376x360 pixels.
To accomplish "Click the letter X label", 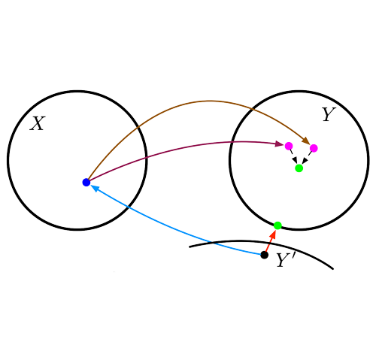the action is pos(38,123).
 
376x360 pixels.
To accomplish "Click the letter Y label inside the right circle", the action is pos(329,114).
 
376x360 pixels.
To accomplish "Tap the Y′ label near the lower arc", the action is pos(286,259).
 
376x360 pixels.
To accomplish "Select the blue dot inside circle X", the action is pos(86,183).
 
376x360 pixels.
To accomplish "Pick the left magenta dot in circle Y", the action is pos(289,146).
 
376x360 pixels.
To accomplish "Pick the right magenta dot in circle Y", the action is pos(314,148).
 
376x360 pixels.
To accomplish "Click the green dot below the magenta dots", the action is pos(299,168).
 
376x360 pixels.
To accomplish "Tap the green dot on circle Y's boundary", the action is pos(277,225).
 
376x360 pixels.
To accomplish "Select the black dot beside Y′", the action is pos(264,255).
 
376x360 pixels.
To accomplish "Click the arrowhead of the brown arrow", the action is pos(306,141).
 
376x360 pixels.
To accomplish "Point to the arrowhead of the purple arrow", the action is pos(280,144).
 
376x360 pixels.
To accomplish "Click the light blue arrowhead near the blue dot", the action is pos(95,188).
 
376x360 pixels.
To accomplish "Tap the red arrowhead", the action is pos(273,234).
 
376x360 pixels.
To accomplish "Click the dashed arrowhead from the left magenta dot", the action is pos(295,160).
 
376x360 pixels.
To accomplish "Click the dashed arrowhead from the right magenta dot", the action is pos(305,161).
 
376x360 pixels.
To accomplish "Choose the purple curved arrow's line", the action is pos(180,149).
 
